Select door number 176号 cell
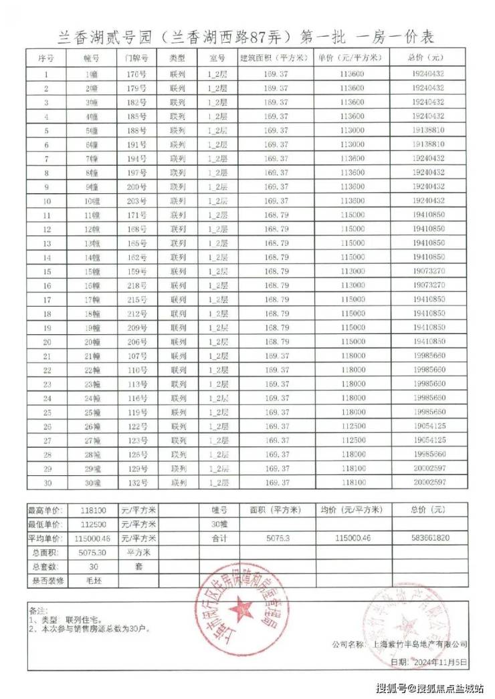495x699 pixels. [x=136, y=75]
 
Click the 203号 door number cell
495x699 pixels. [x=136, y=200]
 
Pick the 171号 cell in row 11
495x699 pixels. [x=136, y=215]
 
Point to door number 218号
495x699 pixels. [x=136, y=285]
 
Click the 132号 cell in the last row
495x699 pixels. [x=136, y=481]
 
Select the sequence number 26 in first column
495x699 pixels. [x=47, y=425]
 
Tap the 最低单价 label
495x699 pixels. [x=46, y=524]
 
